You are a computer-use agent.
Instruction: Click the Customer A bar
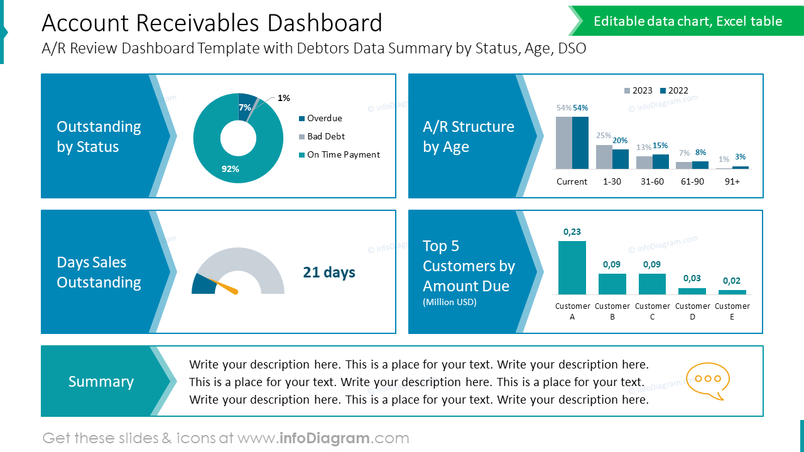point(572,267)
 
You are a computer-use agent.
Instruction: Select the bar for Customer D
point(692,291)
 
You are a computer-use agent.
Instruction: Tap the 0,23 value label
point(572,232)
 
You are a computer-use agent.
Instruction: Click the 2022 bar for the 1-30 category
point(621,159)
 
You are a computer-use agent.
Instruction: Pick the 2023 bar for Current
point(564,143)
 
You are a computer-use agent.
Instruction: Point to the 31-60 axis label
point(652,181)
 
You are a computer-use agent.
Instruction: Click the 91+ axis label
point(732,181)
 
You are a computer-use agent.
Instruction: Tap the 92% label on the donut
point(230,169)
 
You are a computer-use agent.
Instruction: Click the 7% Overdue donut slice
point(246,104)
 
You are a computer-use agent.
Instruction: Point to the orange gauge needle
point(228,288)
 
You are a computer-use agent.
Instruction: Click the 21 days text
point(329,272)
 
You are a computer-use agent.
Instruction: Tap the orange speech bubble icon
point(708,380)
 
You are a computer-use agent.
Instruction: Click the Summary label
point(101,382)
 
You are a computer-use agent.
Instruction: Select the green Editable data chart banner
point(687,21)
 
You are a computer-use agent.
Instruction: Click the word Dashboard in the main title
point(324,23)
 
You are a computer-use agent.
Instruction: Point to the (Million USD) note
point(449,302)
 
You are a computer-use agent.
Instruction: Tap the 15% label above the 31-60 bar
point(660,146)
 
